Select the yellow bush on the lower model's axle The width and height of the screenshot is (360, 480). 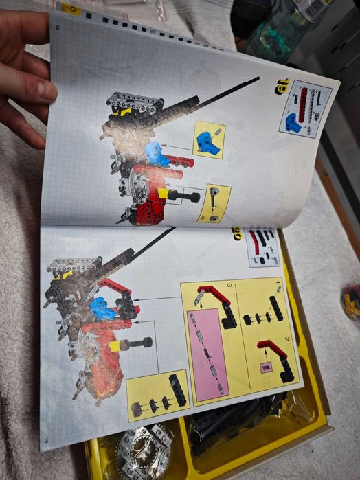tap(116, 345)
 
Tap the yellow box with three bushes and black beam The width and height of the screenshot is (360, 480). tap(158, 395)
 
